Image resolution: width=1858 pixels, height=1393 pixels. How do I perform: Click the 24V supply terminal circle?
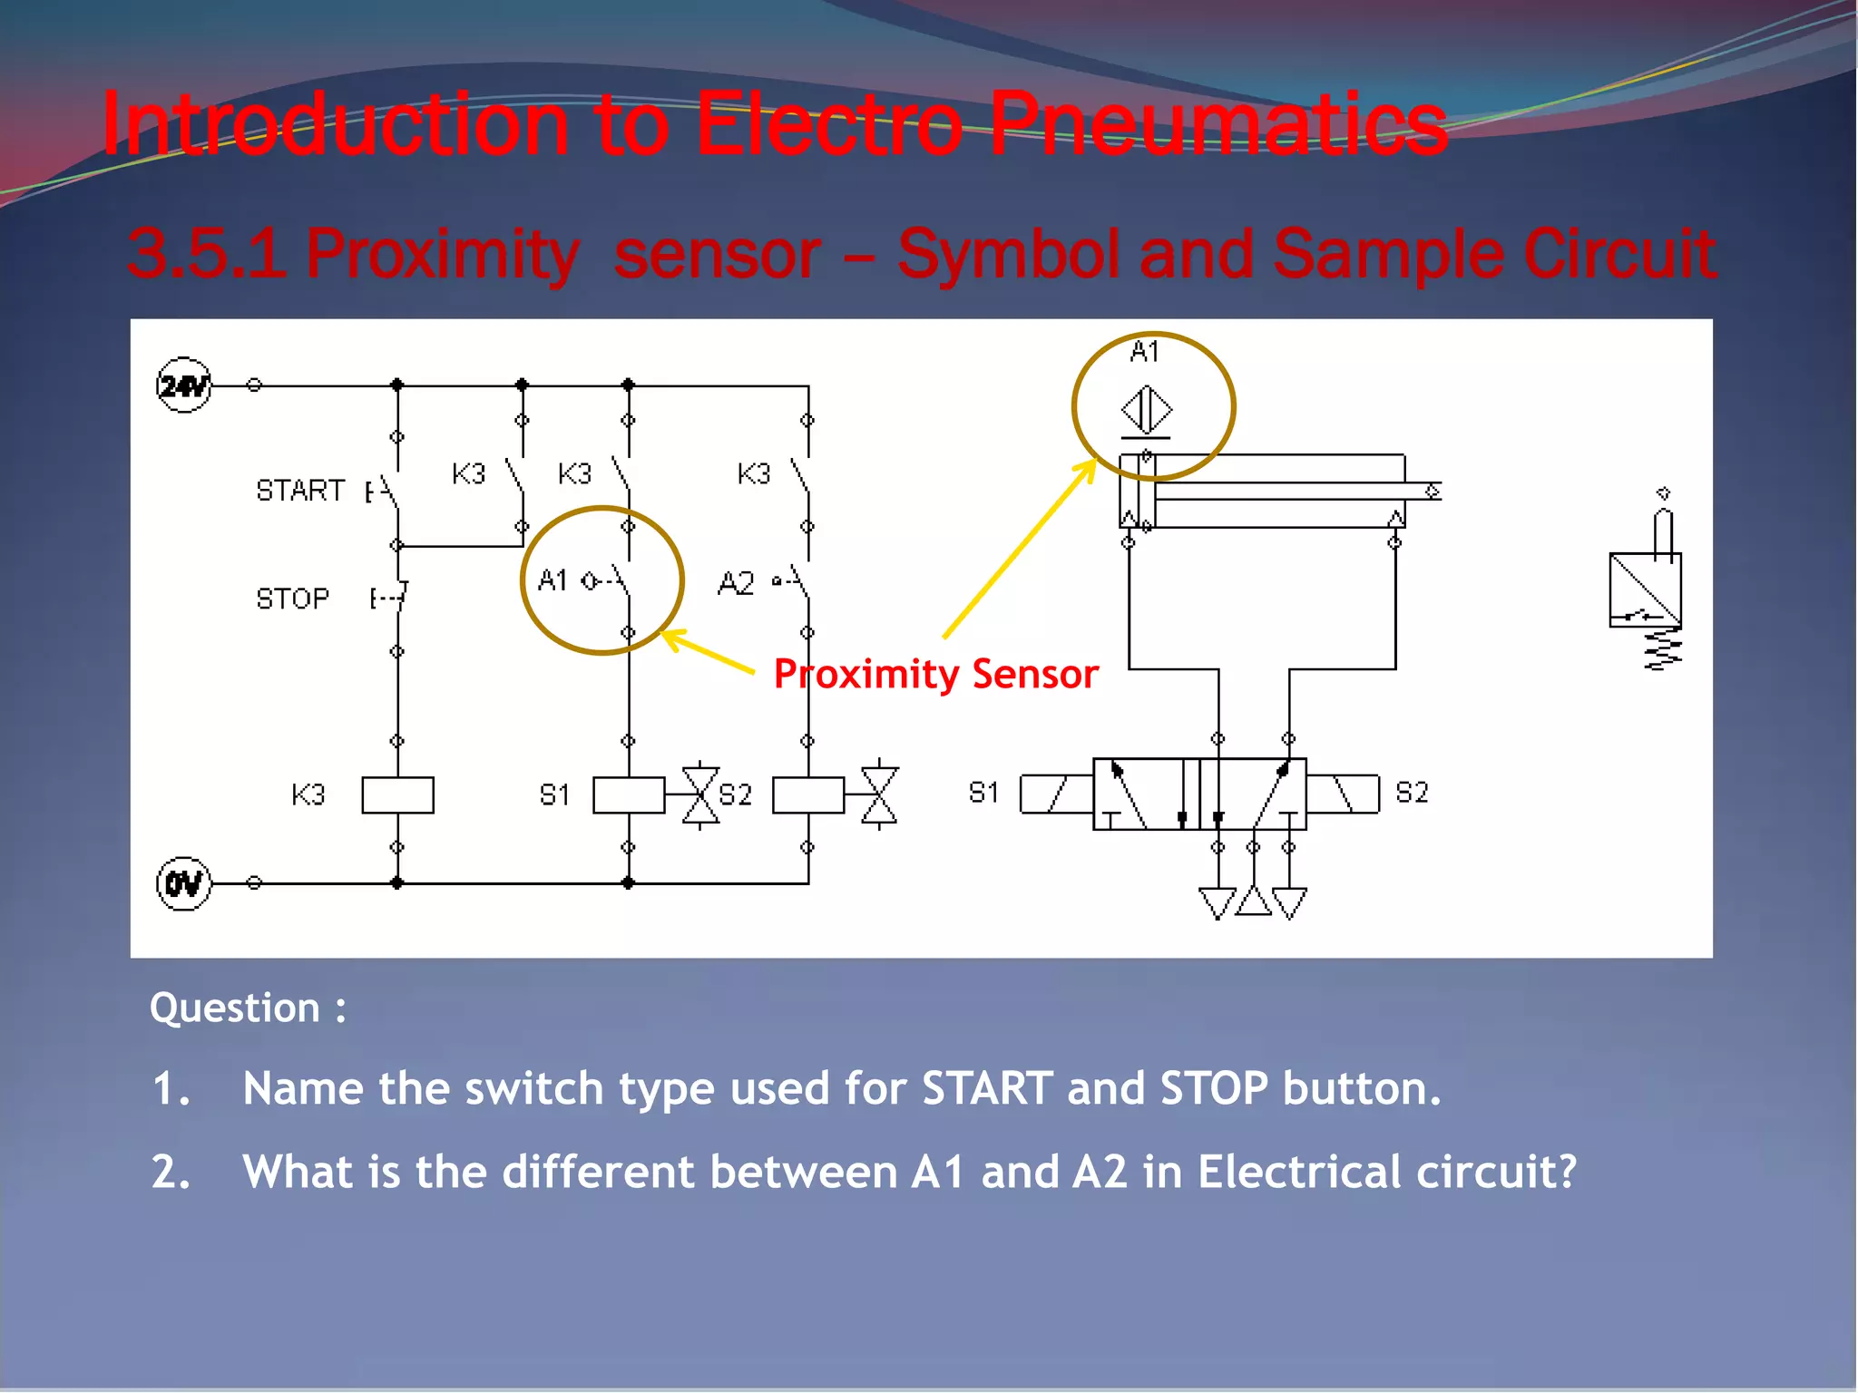click(184, 385)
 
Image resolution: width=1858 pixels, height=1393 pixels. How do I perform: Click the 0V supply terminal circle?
click(184, 882)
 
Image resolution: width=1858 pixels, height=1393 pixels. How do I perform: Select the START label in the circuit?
click(300, 491)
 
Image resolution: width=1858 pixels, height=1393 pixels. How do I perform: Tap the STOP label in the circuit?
click(292, 599)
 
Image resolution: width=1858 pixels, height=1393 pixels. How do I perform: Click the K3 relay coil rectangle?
click(397, 794)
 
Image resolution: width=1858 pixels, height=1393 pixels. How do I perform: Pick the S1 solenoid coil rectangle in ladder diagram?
click(629, 794)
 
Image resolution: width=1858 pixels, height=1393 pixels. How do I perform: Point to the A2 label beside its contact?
click(736, 583)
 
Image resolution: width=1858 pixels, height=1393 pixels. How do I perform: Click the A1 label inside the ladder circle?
click(553, 580)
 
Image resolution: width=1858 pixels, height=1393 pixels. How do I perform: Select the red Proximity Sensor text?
click(935, 674)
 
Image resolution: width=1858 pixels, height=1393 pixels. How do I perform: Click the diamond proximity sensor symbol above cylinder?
click(1146, 409)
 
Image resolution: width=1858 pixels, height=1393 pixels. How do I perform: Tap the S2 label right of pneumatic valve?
click(1412, 793)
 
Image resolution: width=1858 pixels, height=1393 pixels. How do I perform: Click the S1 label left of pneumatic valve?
click(983, 793)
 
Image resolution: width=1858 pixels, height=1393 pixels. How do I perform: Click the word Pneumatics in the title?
click(1217, 124)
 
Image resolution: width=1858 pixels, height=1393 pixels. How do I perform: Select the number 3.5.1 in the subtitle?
click(204, 253)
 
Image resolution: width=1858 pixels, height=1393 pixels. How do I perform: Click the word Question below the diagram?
click(235, 1008)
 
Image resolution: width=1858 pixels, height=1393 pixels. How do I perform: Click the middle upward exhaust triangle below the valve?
click(1253, 901)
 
